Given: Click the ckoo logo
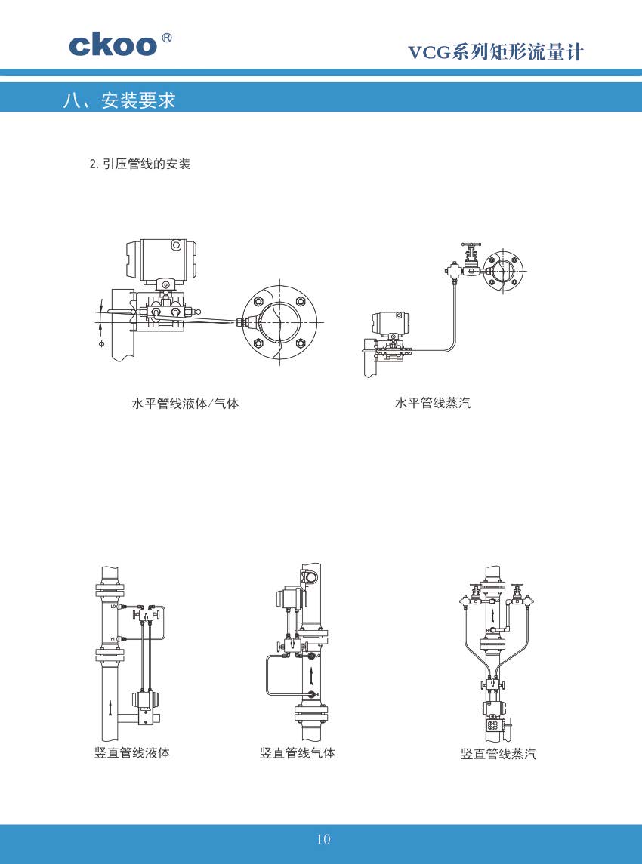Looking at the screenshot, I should [x=113, y=45].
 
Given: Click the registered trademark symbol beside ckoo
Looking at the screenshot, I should [x=167, y=38].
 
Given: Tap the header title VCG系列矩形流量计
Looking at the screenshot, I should [x=495, y=51].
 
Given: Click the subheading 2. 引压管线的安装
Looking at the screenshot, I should [x=140, y=164].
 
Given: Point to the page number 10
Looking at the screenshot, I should [x=323, y=839].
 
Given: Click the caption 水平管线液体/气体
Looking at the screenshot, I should [x=185, y=404].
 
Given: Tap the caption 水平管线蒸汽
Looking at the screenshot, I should [x=433, y=404].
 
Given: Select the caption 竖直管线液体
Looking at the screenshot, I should [x=132, y=752].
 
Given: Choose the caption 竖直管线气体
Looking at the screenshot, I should [x=298, y=752].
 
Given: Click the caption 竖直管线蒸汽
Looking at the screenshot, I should [x=498, y=753].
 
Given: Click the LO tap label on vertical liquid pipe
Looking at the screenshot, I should [x=113, y=607].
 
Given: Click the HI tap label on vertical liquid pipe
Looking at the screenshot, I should [x=113, y=639].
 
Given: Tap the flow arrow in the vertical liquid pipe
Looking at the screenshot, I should [x=111, y=707].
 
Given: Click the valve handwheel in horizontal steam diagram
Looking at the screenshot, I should [x=471, y=246].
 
